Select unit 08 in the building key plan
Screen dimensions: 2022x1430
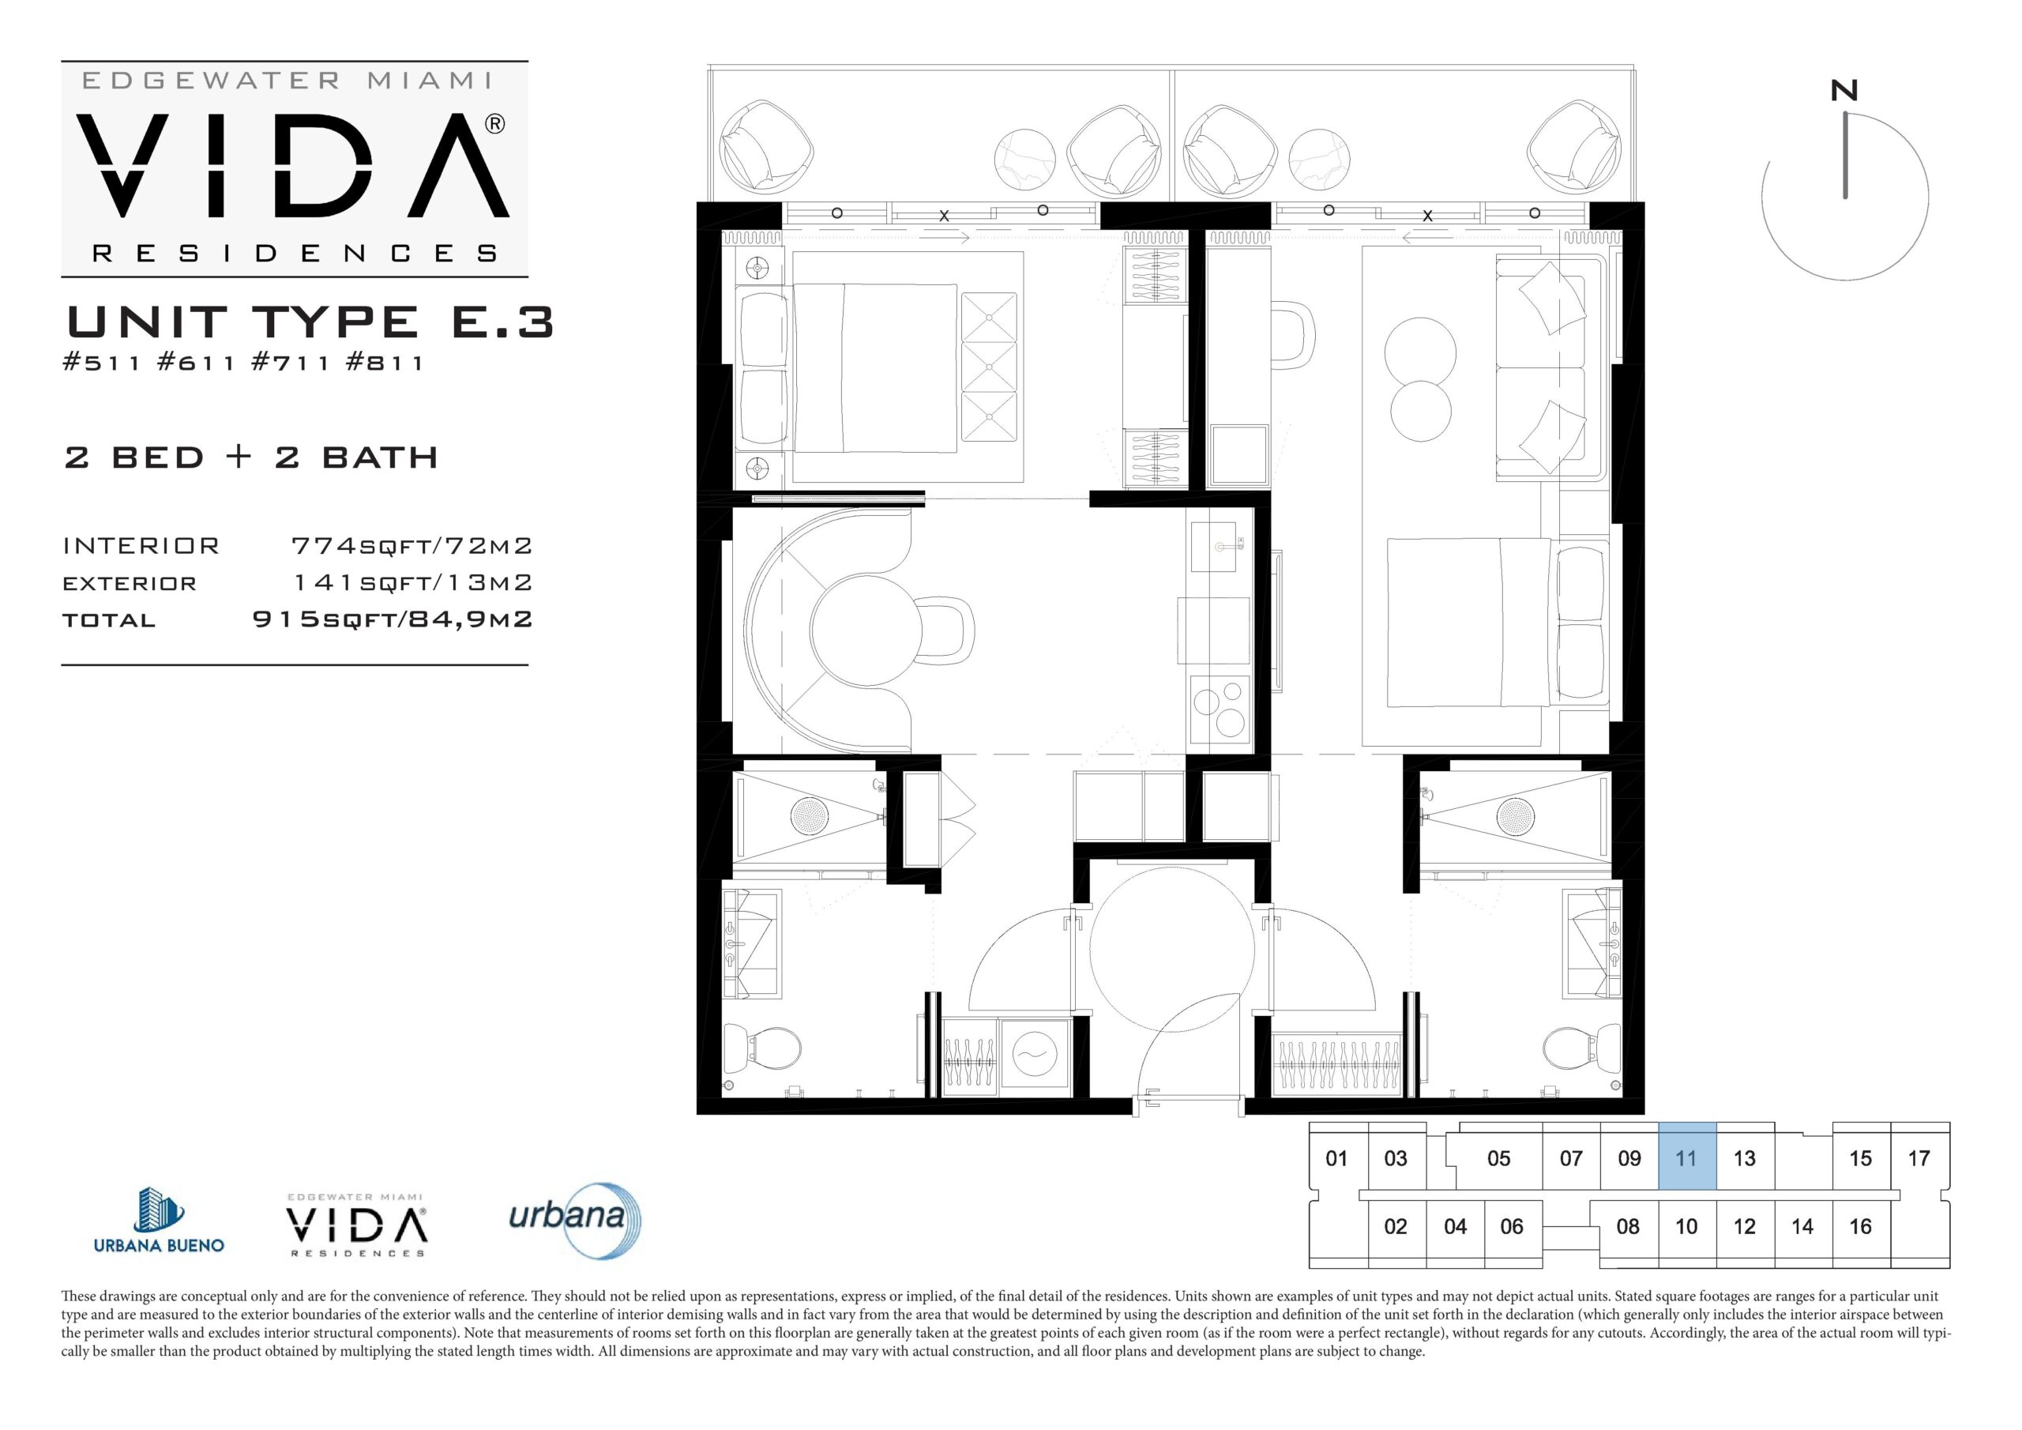(1627, 1226)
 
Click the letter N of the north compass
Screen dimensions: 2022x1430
(1844, 91)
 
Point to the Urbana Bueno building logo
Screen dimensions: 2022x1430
(160, 1221)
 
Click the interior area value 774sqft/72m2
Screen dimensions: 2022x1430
(412, 546)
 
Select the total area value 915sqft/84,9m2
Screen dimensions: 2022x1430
(393, 619)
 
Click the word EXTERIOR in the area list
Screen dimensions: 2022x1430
(130, 583)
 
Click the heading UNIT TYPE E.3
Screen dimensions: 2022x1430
(310, 322)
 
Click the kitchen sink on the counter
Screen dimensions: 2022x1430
(1220, 548)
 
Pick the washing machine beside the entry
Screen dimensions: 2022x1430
(1035, 1057)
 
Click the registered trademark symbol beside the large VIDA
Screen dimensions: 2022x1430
(495, 124)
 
